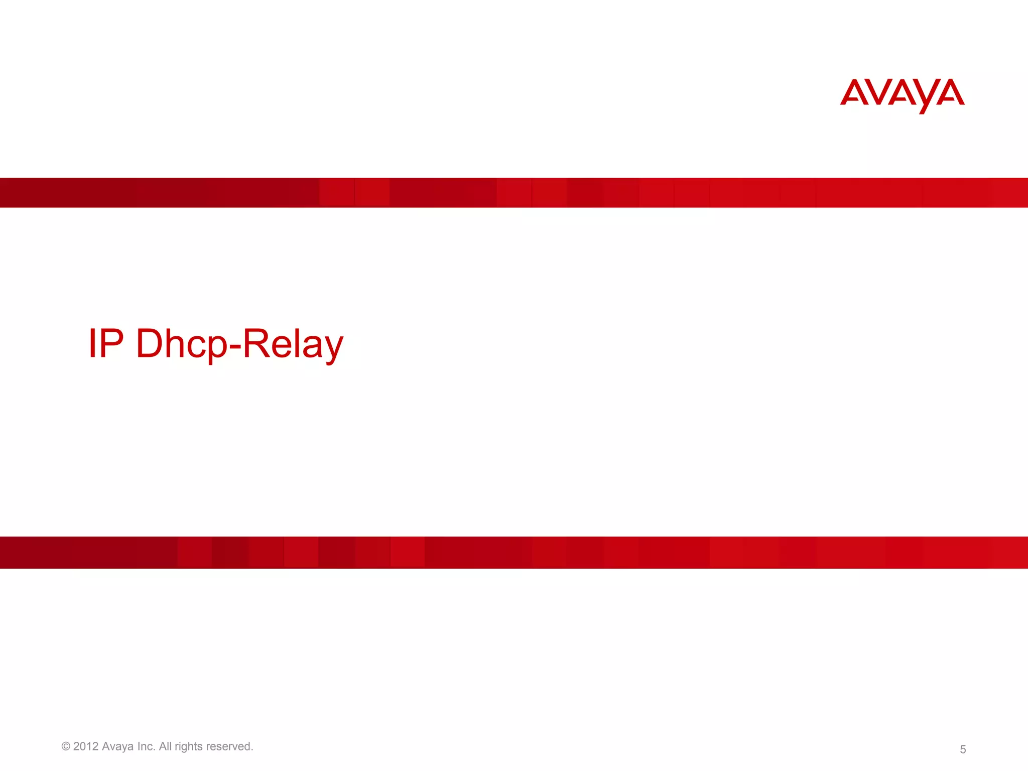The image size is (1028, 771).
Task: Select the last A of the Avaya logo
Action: click(950, 93)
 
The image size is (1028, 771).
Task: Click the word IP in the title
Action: click(106, 344)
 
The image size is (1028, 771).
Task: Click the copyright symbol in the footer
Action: click(66, 746)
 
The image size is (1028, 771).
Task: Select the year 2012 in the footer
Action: click(86, 746)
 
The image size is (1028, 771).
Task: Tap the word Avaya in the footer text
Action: click(117, 746)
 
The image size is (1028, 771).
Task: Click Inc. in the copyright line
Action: click(146, 746)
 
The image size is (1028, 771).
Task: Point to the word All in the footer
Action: click(165, 746)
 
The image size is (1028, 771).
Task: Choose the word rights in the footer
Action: click(189, 747)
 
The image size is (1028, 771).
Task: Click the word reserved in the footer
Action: click(229, 746)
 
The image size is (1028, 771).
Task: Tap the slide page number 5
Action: click(962, 749)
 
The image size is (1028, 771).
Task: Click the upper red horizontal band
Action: click(514, 192)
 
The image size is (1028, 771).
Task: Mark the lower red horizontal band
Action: click(514, 552)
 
